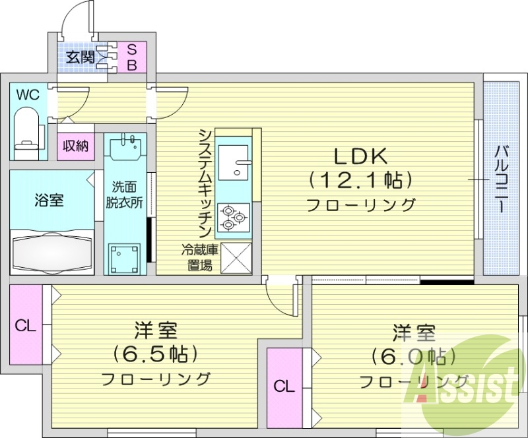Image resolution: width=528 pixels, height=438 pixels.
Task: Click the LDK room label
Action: (x=360, y=156)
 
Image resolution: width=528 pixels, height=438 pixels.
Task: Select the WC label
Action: (x=28, y=94)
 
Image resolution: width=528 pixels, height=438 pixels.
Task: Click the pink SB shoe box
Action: (x=131, y=57)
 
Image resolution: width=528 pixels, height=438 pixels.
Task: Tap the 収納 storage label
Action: (x=75, y=145)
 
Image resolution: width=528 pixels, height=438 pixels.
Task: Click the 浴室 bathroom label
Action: (x=49, y=201)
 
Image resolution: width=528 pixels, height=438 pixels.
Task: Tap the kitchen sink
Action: (x=234, y=160)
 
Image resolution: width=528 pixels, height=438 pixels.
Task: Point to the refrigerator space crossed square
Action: (x=235, y=257)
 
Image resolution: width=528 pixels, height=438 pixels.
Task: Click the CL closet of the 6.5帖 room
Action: (x=25, y=325)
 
